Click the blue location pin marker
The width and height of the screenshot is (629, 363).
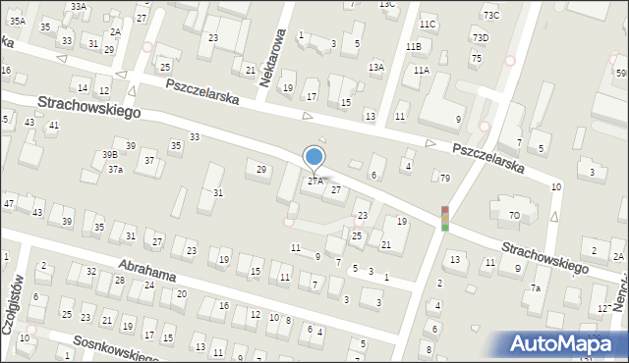pyautogui.click(x=314, y=156)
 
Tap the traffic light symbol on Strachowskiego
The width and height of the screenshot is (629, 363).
pyautogui.click(x=444, y=219)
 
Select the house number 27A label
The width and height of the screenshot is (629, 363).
pyautogui.click(x=314, y=181)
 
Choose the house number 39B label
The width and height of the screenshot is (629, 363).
pyautogui.click(x=110, y=154)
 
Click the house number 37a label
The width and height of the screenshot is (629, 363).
pyautogui.click(x=115, y=170)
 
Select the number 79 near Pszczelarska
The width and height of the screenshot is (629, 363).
pyautogui.click(x=444, y=178)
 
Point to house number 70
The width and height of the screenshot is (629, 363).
pyautogui.click(x=514, y=214)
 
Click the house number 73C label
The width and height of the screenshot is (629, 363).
pyautogui.click(x=490, y=15)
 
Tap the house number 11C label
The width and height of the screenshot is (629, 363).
pyautogui.click(x=427, y=24)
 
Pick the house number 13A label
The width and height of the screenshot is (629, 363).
pyautogui.click(x=375, y=67)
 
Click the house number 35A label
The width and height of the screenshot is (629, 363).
pyautogui.click(x=18, y=21)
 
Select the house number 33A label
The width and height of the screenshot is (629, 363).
pyautogui.click(x=79, y=6)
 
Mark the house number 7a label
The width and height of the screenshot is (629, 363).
pyautogui.click(x=536, y=288)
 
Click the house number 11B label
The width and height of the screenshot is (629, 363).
pyautogui.click(x=414, y=46)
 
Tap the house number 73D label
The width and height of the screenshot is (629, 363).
pyautogui.click(x=480, y=37)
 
